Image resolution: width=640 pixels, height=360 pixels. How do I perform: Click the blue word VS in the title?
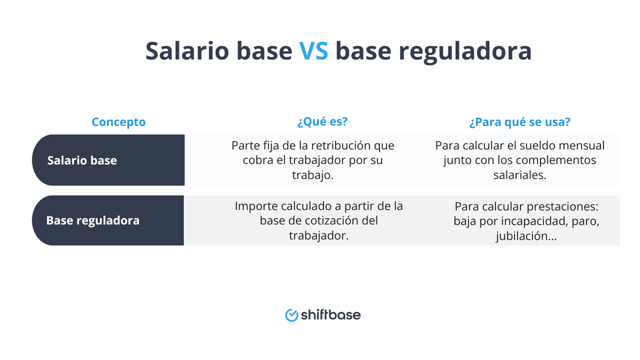(313, 51)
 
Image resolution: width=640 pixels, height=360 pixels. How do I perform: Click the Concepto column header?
(118, 122)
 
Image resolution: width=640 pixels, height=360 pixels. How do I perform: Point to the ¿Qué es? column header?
(322, 122)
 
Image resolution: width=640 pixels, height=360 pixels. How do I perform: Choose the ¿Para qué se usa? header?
(520, 122)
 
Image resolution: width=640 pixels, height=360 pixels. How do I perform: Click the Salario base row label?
(82, 160)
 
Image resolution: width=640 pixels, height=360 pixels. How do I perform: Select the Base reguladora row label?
(93, 220)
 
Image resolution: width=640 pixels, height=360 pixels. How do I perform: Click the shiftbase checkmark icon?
(291, 316)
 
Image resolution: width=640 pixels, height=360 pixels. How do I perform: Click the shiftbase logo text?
(331, 315)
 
